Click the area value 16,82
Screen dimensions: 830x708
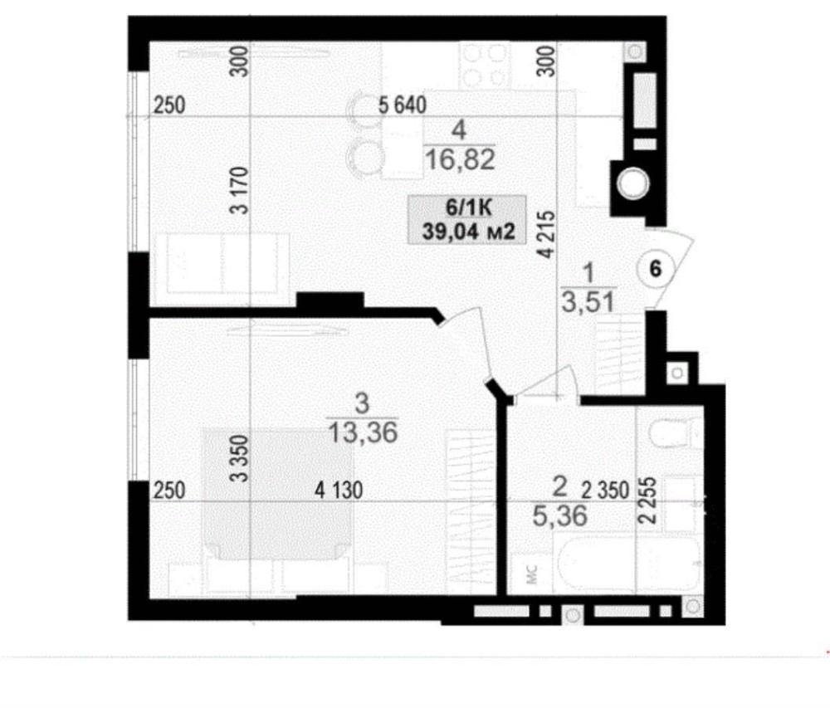[x=460, y=159]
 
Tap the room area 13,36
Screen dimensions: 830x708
[x=363, y=432]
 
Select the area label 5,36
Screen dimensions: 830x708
[x=560, y=515]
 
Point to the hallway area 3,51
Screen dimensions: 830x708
[x=588, y=303]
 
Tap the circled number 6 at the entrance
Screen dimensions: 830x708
[x=656, y=269]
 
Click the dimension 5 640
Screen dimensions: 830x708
[x=403, y=105]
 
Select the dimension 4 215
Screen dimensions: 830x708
[x=547, y=234]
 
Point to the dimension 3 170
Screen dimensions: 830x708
[x=239, y=190]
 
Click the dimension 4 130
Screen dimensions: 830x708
[x=339, y=490]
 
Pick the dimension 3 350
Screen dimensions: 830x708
[x=239, y=458]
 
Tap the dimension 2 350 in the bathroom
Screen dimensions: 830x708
[x=605, y=490]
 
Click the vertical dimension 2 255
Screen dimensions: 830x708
[x=648, y=500]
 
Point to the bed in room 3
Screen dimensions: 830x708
[x=277, y=494]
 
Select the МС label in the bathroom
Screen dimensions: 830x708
[x=533, y=574]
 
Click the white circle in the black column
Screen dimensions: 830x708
[x=632, y=183]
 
